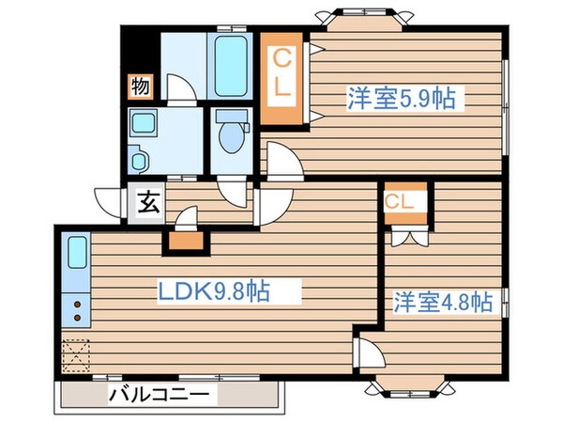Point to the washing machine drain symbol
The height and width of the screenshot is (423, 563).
[x=139, y=160]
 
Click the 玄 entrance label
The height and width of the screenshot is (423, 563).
[x=148, y=202]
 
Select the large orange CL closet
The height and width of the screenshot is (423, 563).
[x=282, y=80]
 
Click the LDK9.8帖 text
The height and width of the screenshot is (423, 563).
[x=213, y=292]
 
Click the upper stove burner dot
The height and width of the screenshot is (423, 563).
[x=76, y=304]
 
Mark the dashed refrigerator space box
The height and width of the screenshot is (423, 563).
[x=76, y=356]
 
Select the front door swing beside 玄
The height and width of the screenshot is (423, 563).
[x=110, y=201]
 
